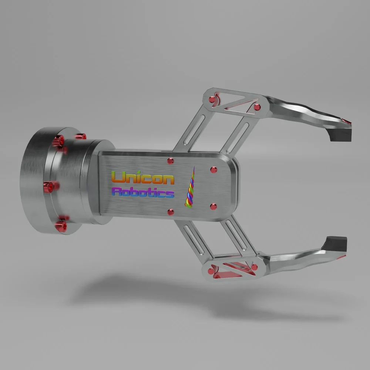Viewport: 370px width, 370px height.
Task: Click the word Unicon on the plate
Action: click(143, 178)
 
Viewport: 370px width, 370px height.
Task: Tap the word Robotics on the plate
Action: click(143, 192)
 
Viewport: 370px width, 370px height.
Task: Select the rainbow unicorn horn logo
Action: click(190, 187)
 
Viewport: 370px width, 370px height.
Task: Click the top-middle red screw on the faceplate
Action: click(170, 161)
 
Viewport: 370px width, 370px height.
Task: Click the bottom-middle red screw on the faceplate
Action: click(171, 212)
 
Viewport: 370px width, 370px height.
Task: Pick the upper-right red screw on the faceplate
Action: click(213, 170)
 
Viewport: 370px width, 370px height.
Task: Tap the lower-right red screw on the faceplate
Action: click(213, 207)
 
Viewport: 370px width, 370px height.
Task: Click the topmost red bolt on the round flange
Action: click(81, 137)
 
